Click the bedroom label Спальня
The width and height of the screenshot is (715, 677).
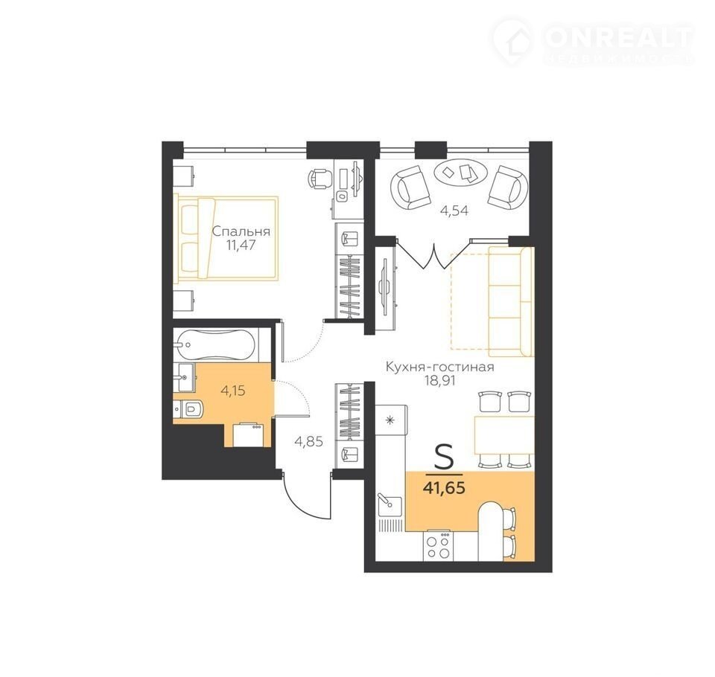point(241,231)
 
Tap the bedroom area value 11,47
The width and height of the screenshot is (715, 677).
point(241,246)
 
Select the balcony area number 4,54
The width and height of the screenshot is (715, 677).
point(454,211)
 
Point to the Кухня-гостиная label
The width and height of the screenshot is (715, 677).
point(440,368)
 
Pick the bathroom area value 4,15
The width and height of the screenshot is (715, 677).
point(232,391)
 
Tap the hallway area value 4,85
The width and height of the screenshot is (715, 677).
point(308,441)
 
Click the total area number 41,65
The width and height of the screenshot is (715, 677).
point(444,488)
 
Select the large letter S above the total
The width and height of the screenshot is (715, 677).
point(444,458)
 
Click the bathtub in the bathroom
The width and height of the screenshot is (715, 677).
point(215,344)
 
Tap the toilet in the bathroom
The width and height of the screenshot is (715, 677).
point(190,408)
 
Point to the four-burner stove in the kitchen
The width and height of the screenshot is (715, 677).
point(437,546)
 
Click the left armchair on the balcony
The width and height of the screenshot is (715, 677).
point(410,187)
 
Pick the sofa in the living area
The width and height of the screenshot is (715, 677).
point(509,301)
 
